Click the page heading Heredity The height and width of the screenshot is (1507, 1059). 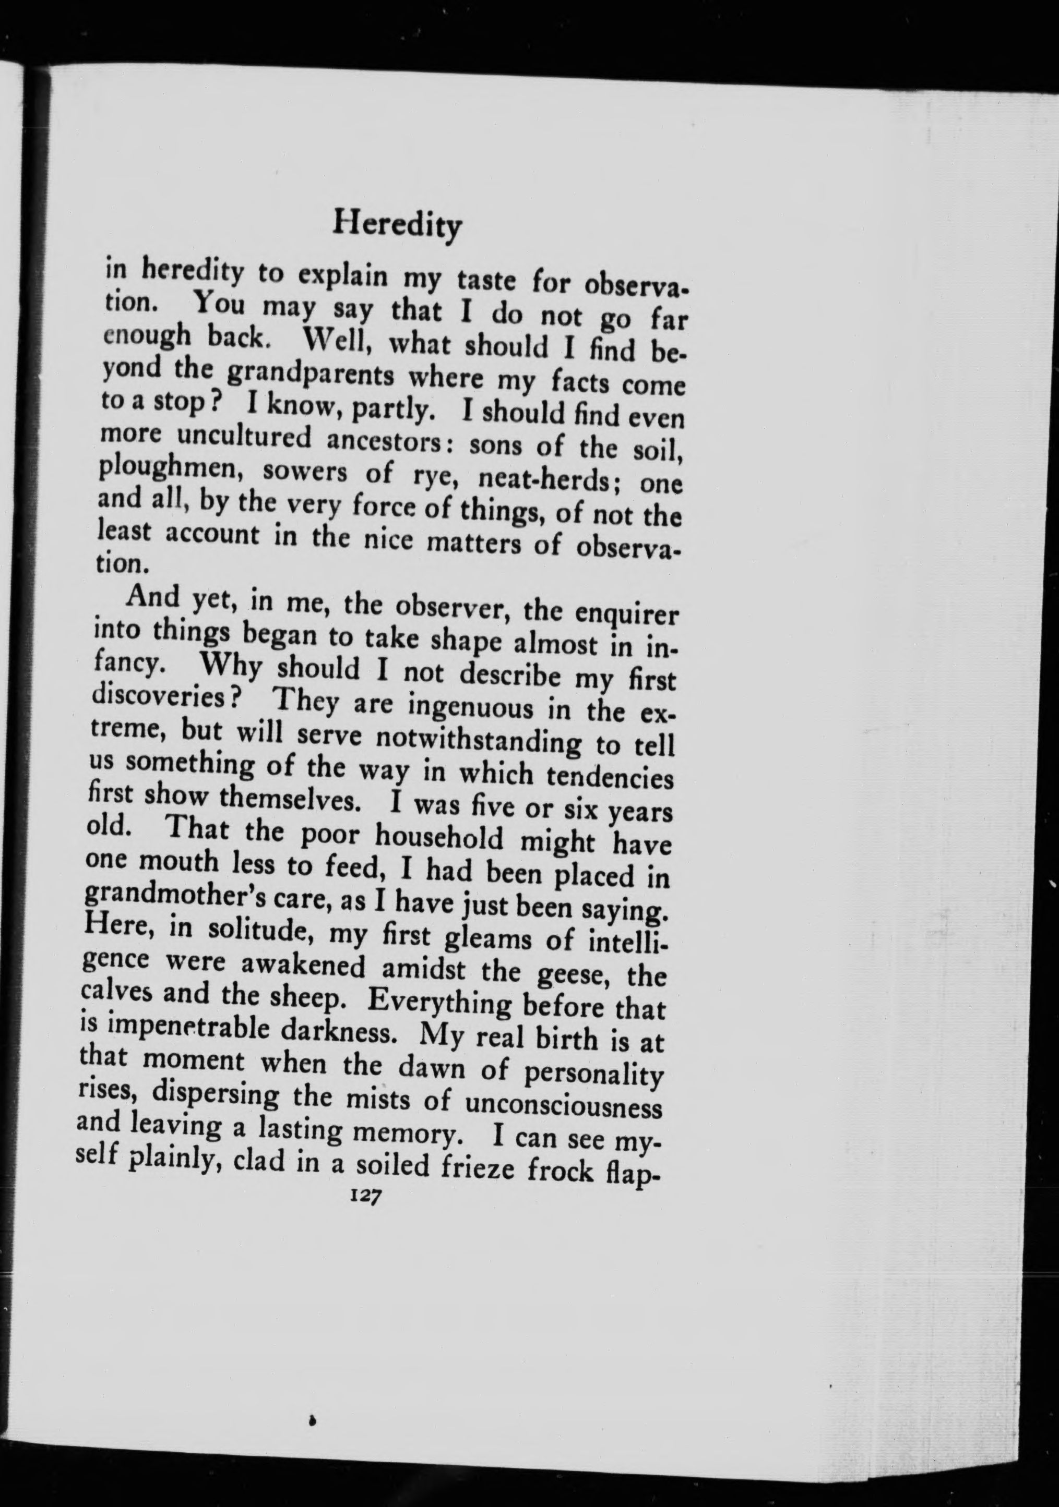397,226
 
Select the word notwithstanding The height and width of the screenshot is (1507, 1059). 477,742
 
